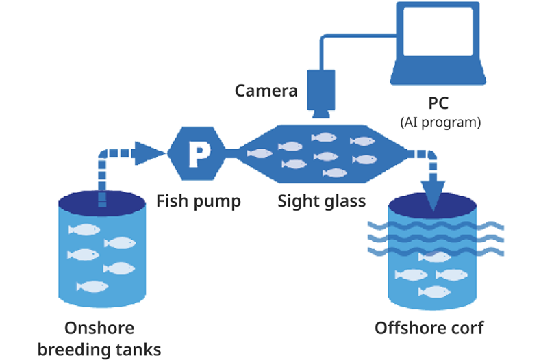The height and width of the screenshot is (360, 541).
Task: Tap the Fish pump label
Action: [x=199, y=201]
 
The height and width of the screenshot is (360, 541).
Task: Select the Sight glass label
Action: [x=322, y=201]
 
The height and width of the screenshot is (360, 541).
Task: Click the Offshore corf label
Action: [x=429, y=328]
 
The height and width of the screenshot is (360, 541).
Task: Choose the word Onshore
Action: [x=99, y=328]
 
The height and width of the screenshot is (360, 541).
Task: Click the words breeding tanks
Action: [x=99, y=349]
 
